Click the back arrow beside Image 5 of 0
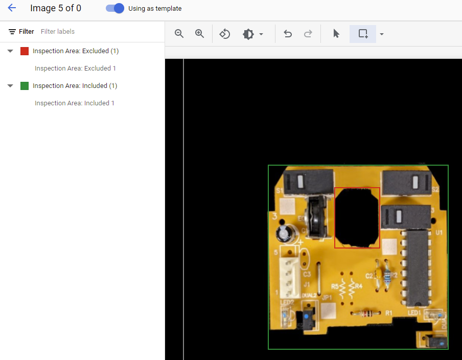(12, 8)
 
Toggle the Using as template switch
(115, 8)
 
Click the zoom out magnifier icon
(179, 34)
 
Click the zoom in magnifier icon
(200, 34)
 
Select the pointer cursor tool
(336, 34)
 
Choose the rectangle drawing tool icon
(363, 34)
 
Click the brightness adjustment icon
(248, 34)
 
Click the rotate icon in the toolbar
(225, 34)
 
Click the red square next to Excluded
(25, 51)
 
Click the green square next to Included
(25, 86)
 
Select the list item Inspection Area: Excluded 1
(75, 69)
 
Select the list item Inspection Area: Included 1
(75, 103)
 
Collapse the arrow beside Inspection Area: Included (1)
(10, 86)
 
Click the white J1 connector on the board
(290, 277)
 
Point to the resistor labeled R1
(364, 313)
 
